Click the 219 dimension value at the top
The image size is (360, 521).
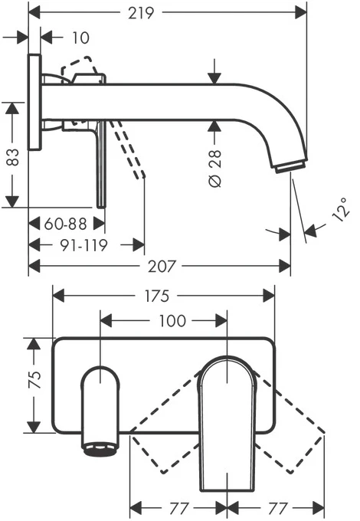pyautogui.click(x=141, y=13)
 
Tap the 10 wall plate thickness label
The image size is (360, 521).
pyautogui.click(x=80, y=38)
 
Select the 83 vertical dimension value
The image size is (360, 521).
pyautogui.click(x=12, y=157)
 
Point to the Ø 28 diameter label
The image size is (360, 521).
pyautogui.click(x=215, y=168)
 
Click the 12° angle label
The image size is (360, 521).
pyautogui.click(x=342, y=209)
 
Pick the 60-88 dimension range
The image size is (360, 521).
pyautogui.click(x=65, y=224)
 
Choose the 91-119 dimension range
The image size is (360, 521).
pyautogui.click(x=83, y=245)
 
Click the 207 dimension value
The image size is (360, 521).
pyautogui.click(x=162, y=267)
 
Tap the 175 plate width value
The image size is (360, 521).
pyautogui.click(x=157, y=296)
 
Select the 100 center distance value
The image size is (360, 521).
pyautogui.click(x=172, y=321)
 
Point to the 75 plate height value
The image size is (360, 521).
pyautogui.click(x=35, y=379)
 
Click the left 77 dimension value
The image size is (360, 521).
pyautogui.click(x=179, y=508)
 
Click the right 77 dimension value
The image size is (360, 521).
pyautogui.click(x=277, y=508)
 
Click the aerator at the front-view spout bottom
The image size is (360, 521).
pyautogui.click(x=100, y=450)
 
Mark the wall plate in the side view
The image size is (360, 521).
pyautogui.click(x=34, y=102)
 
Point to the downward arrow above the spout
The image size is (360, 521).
pyautogui.click(x=215, y=71)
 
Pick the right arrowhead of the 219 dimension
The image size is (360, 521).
pyautogui.click(x=301, y=13)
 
